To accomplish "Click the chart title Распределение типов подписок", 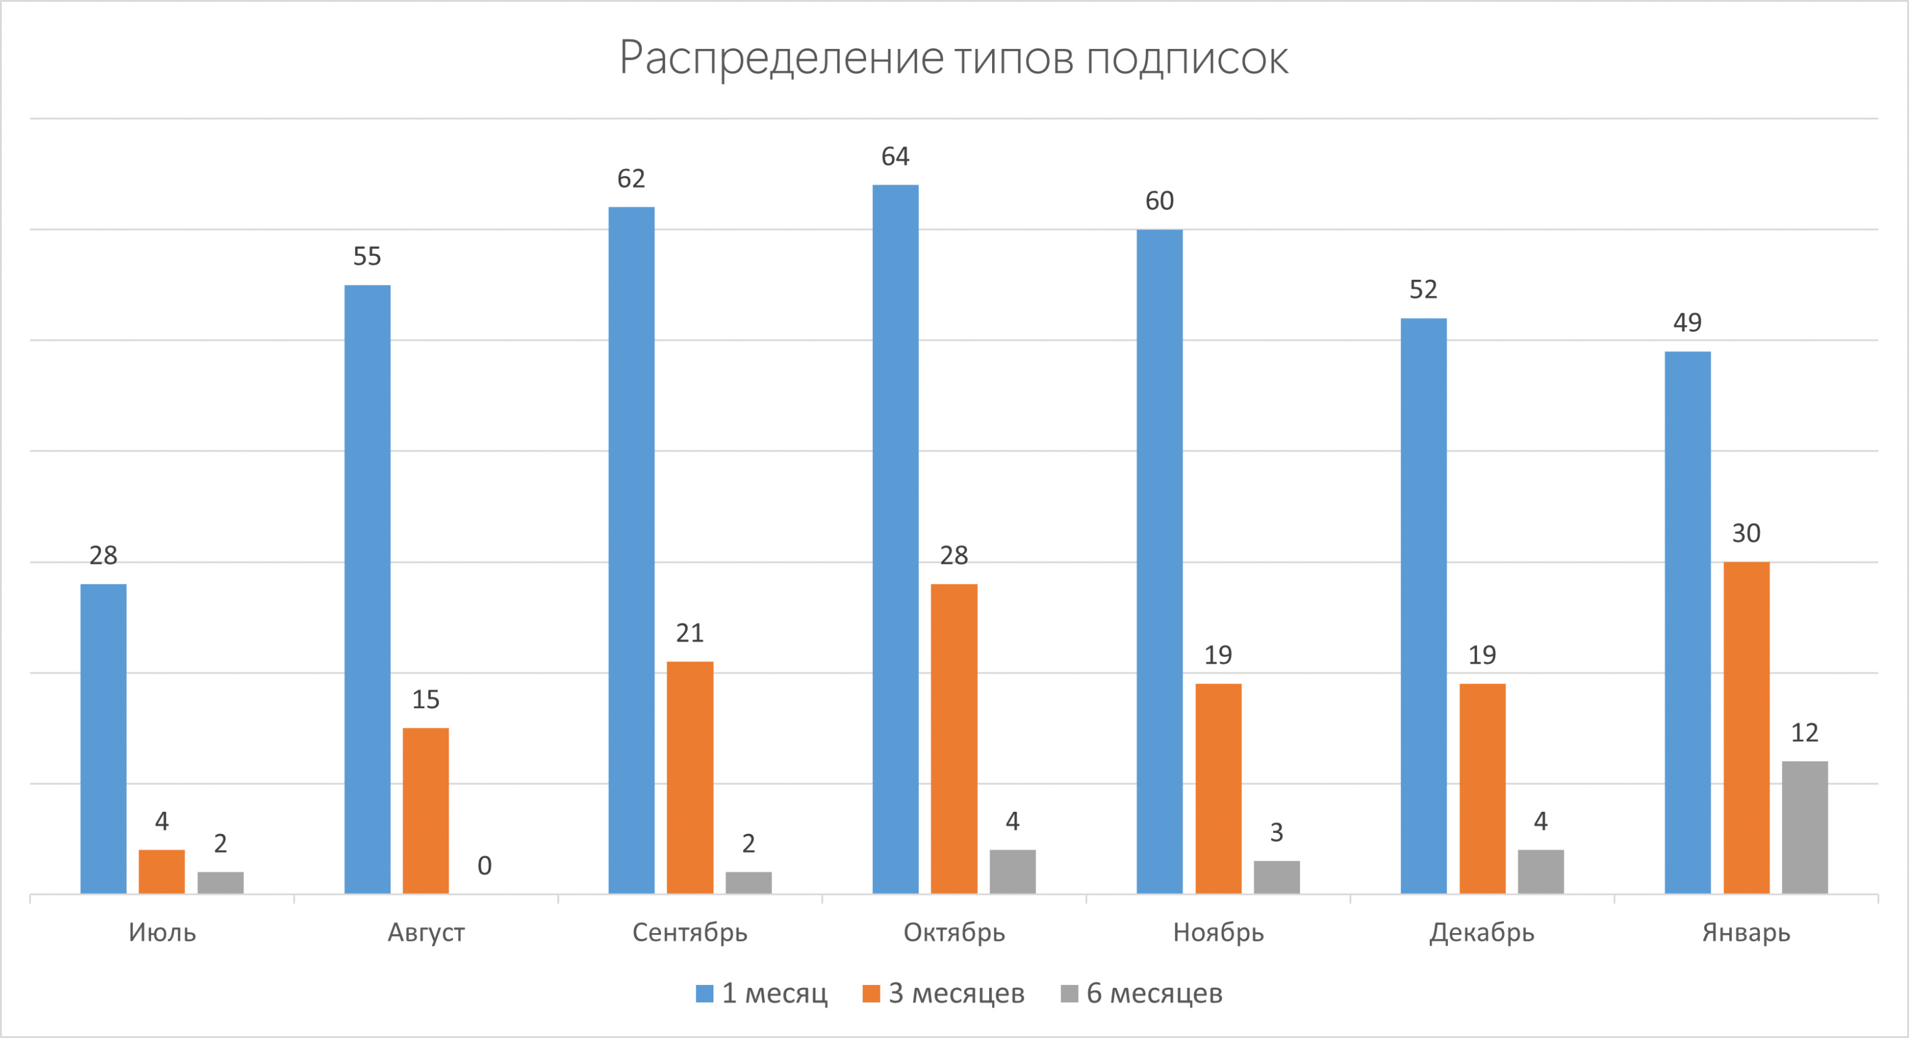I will coord(954,58).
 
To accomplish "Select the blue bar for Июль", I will coord(103,738).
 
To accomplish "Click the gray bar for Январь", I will coord(1805,827).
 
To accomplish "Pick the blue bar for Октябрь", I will coord(895,539).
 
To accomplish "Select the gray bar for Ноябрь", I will coord(1276,876).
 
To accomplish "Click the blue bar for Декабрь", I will coord(1423,605).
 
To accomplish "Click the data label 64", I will coord(895,156).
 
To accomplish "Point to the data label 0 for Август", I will coord(484,866).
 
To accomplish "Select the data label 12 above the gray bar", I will coord(1805,733).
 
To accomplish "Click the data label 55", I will coord(367,257).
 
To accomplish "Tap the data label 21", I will coord(689,633).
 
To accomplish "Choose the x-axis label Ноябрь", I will coord(1218,932).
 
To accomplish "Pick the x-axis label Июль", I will coord(162,932).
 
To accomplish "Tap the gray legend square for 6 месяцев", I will coord(1070,993).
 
